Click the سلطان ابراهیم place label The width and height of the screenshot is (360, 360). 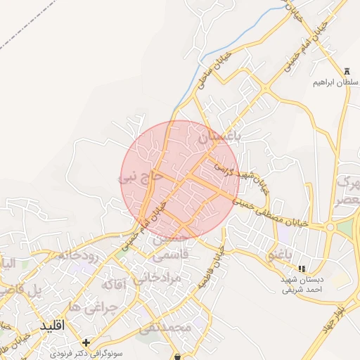(335, 82)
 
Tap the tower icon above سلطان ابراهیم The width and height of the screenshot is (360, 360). (347, 70)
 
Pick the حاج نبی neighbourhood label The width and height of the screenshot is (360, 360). (141, 179)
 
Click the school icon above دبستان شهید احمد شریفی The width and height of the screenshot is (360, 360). (302, 269)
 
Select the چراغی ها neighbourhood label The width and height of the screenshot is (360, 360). (84, 308)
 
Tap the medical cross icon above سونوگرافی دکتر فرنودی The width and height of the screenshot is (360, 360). (86, 342)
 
